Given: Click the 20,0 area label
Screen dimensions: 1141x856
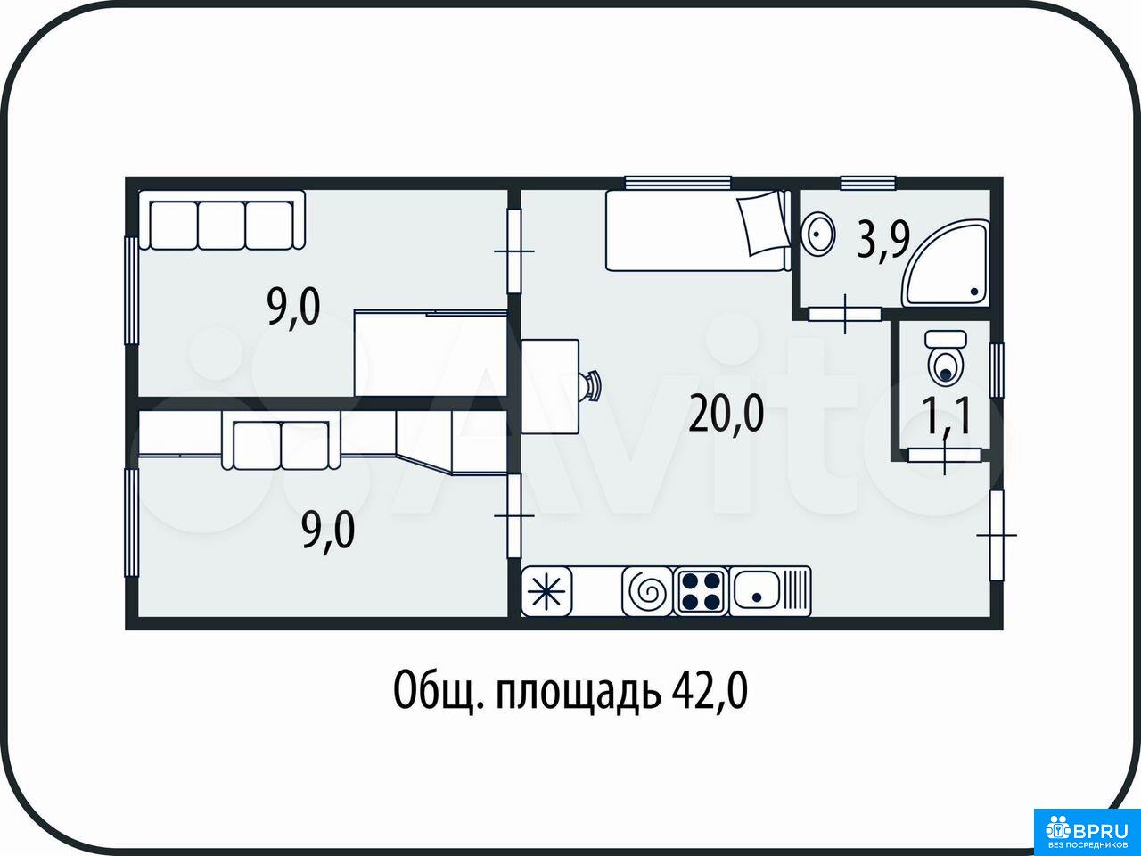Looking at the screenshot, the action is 726,413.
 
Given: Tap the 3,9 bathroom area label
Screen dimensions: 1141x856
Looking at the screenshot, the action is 883,240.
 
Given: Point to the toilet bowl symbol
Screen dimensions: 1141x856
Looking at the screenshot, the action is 946,358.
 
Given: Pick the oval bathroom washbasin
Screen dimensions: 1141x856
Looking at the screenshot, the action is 818,234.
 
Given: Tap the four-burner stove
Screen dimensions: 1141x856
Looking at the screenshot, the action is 702,591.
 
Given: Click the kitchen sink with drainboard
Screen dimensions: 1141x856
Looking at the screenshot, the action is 770,591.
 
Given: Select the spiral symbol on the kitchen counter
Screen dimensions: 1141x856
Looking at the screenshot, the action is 647,592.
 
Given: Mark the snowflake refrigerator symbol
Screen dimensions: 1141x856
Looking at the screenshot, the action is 546,592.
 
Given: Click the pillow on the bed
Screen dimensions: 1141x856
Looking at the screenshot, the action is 762,222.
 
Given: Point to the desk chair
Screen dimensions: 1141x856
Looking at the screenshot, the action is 592,385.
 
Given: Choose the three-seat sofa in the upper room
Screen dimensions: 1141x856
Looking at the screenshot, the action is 221,220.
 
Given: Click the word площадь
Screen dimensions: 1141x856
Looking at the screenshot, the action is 578,692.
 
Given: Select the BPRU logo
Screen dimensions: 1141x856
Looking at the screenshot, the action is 1088,830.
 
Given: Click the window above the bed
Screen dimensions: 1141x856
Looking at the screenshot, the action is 677,183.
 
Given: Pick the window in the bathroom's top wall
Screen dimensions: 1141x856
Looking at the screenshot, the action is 868,183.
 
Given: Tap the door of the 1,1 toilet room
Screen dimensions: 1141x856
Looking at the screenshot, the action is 945,456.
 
